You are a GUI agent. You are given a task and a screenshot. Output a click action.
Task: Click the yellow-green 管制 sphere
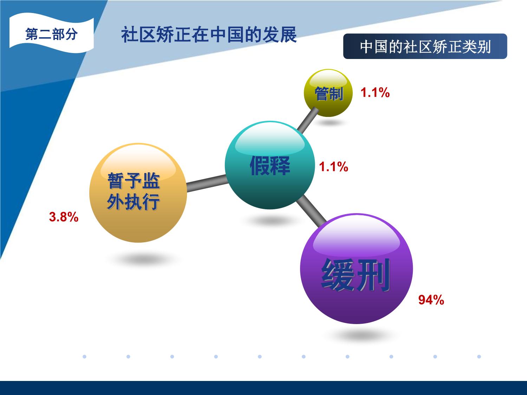328,93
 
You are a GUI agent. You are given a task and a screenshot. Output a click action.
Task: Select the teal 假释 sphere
270,165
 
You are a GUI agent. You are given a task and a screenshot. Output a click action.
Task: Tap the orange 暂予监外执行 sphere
138,193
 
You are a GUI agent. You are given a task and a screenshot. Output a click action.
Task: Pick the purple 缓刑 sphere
357,269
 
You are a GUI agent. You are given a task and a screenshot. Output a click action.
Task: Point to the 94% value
431,300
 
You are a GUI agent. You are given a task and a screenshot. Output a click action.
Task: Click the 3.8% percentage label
64,217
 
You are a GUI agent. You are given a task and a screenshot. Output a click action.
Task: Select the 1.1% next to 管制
375,93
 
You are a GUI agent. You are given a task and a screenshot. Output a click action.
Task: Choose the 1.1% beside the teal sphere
333,167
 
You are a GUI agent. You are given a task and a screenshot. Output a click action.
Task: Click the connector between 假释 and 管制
308,120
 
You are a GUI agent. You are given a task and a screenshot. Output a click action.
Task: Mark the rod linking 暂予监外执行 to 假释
207,183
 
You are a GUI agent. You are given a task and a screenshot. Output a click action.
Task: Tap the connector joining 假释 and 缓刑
311,211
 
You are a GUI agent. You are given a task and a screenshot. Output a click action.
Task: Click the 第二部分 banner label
51,34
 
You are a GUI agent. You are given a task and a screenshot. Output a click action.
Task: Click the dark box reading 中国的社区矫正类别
425,46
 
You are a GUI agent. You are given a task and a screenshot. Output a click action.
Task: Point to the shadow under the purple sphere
362,335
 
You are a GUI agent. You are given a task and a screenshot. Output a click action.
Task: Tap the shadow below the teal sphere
271,220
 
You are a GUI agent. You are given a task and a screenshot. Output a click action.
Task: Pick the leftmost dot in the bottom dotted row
85,357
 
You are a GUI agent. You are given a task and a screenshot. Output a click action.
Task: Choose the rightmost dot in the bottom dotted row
479,357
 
